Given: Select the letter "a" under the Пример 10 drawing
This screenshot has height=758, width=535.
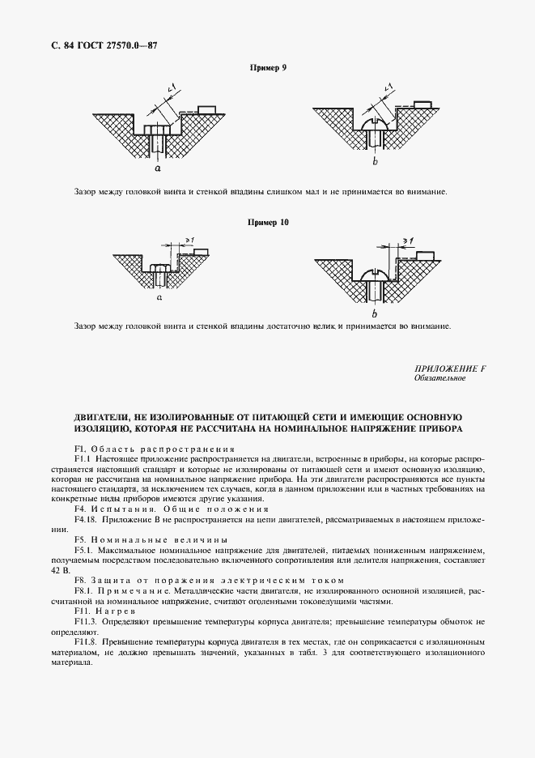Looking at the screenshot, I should [x=159, y=298].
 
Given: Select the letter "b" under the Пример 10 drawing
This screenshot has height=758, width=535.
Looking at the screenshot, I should [x=373, y=313].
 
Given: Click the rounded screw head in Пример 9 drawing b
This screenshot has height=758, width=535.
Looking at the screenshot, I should [x=375, y=124].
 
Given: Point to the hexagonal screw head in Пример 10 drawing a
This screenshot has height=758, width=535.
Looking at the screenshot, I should [x=160, y=268].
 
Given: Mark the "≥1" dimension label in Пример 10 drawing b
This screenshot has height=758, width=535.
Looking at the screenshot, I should [x=410, y=241].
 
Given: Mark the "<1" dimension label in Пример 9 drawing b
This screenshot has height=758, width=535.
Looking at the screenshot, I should [x=387, y=87].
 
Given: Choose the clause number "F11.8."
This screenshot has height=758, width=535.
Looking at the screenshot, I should [x=86, y=641].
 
